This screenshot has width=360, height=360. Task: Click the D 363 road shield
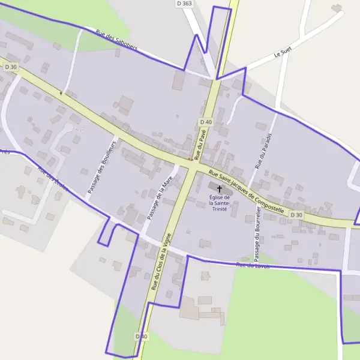click(184, 4)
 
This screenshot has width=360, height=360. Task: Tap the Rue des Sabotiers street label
click(117, 40)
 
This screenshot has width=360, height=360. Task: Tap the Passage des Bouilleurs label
click(100, 166)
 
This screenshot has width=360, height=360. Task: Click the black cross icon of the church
click(219, 188)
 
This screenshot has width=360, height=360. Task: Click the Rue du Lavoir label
click(253, 265)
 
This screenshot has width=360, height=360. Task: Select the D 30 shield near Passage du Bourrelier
click(296, 215)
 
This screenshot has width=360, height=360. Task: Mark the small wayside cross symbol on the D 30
click(61, 93)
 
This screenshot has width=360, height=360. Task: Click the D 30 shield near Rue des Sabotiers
click(11, 67)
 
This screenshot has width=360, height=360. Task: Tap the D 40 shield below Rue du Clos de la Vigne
click(142, 337)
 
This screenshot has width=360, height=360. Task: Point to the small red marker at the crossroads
click(190, 159)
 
